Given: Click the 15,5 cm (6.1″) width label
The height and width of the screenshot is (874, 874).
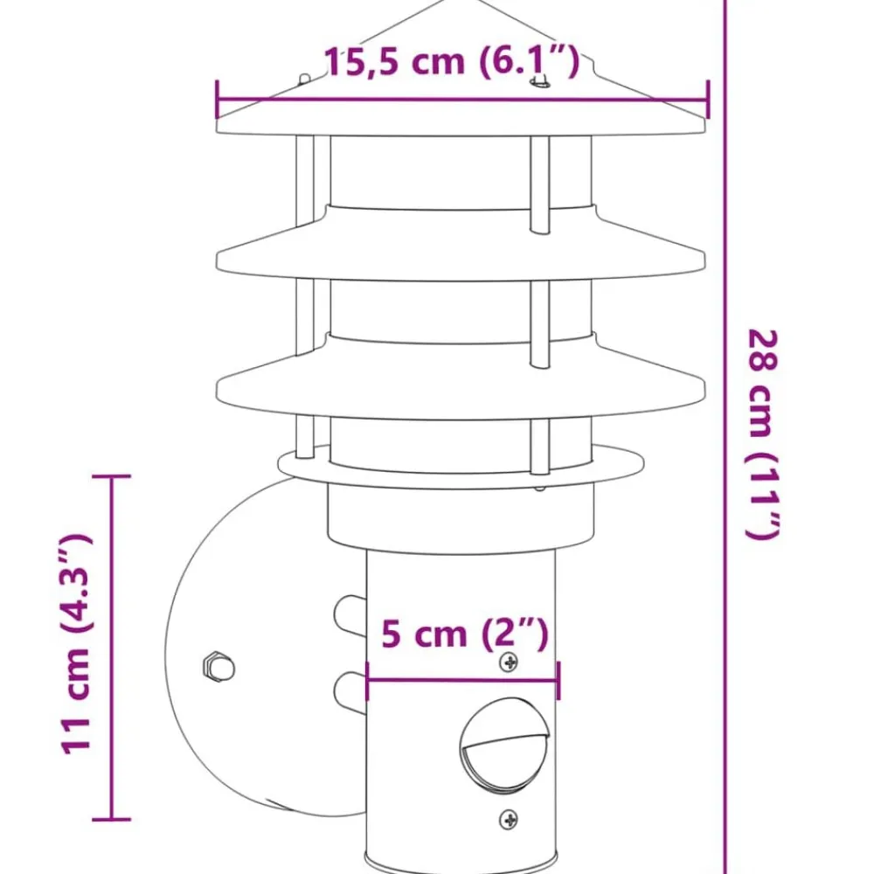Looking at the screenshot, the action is [452, 61].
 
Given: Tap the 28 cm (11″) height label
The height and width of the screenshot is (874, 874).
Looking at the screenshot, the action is [762, 434].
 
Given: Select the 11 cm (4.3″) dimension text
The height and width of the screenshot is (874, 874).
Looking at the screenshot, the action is [75, 644].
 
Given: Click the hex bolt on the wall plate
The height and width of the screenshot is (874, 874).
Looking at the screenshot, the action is [218, 667].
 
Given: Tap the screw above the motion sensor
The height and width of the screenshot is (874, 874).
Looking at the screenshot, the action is [509, 662].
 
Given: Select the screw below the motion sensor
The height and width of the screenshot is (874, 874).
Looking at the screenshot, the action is [509, 820].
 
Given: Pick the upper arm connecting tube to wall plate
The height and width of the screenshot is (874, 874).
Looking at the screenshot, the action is [350, 615].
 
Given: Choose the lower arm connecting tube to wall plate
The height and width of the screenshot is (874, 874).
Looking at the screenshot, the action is [350, 692].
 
